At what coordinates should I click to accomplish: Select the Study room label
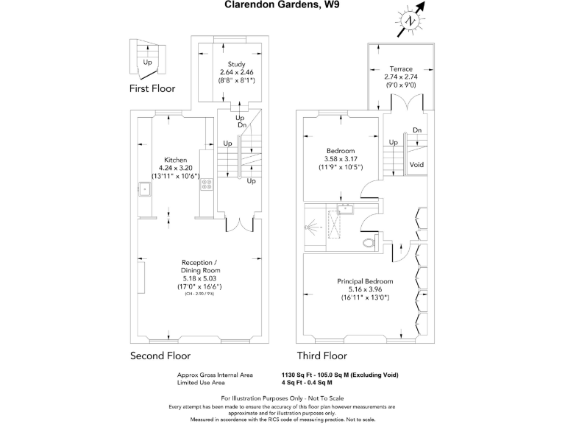click(236, 64)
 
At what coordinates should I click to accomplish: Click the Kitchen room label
click(175, 160)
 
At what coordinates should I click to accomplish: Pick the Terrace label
click(401, 68)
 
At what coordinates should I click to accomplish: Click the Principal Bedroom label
click(365, 281)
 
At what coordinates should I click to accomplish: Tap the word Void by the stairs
click(416, 164)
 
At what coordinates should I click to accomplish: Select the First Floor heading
click(152, 89)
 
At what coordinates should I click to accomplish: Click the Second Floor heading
click(160, 356)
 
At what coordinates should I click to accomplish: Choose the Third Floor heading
click(321, 356)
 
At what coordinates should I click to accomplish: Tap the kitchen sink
click(144, 189)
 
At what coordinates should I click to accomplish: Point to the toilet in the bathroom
click(368, 242)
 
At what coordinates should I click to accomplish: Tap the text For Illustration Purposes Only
click(282, 397)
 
